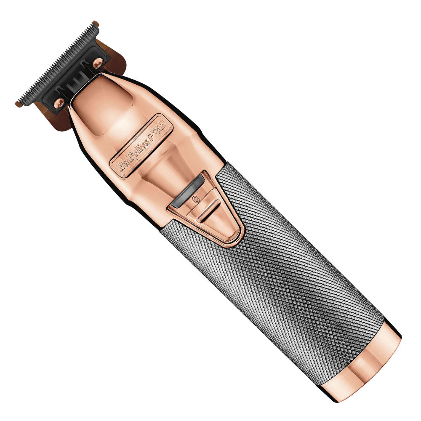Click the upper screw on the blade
click(x=98, y=63)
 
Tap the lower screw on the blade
click(x=59, y=102)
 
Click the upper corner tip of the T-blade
click(x=96, y=24)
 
